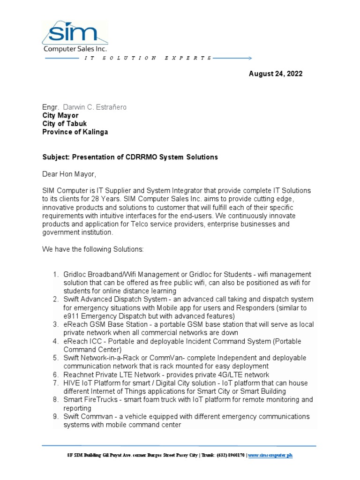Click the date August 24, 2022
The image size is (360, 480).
coord(276,74)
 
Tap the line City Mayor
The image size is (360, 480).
coord(60,115)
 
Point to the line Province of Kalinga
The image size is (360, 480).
coord(75,132)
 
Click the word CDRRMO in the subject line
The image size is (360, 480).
coord(141,157)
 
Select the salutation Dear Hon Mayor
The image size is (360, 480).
coord(69,174)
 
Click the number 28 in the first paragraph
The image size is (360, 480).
coord(107,199)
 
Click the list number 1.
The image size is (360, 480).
coord(55,274)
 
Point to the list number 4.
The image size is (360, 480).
coord(55,341)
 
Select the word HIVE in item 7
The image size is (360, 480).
coord(73,383)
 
